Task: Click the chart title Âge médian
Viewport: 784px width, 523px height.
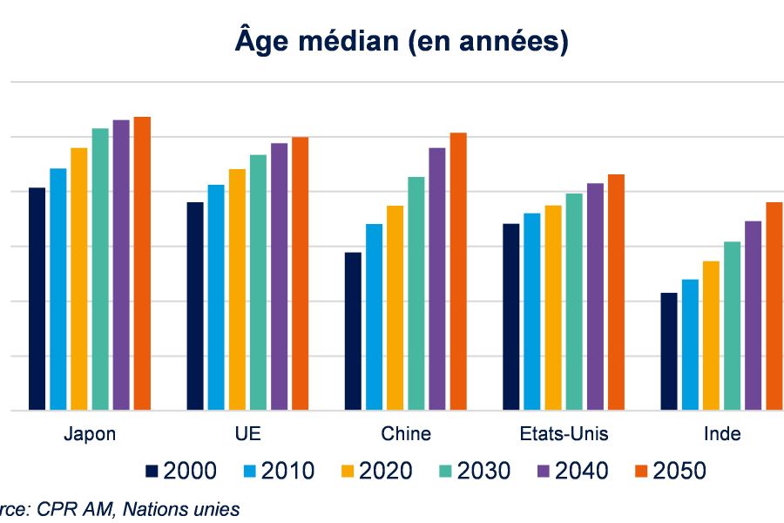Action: tap(402, 40)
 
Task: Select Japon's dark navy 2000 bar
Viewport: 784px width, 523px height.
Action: tap(37, 298)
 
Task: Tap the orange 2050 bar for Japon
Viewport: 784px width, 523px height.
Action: tap(142, 262)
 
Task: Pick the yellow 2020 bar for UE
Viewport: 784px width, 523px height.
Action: tap(237, 289)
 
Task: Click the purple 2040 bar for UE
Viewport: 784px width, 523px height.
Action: tap(279, 275)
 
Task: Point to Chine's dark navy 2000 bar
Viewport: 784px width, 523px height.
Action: tap(353, 330)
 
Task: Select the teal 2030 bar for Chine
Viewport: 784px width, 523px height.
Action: tap(416, 293)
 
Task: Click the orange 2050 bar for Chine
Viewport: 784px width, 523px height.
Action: tap(458, 270)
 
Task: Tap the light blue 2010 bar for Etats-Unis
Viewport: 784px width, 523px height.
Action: tap(531, 311)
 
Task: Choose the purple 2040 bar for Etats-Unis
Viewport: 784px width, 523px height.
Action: tap(595, 295)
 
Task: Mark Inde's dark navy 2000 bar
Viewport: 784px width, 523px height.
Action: tap(669, 350)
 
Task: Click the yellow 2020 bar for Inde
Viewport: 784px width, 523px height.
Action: tap(711, 335)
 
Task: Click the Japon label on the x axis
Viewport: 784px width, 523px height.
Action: tap(90, 434)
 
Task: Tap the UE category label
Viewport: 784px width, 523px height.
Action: tap(247, 434)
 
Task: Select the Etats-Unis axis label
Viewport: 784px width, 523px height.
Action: tap(564, 434)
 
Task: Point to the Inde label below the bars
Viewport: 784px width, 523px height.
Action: tap(721, 434)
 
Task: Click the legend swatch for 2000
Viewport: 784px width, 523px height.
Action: tap(152, 472)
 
